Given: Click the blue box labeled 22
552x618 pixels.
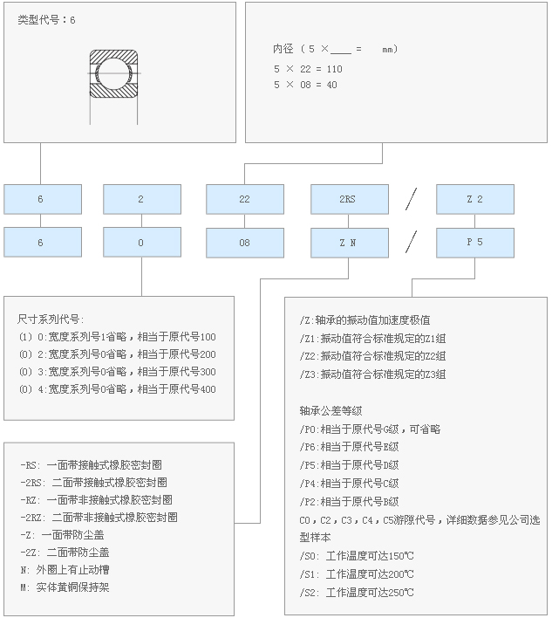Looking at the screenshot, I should click(244, 199).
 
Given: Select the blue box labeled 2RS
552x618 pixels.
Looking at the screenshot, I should click(349, 199).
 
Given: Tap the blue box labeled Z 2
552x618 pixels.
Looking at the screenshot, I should click(474, 199).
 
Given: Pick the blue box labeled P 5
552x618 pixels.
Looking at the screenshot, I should click(474, 242).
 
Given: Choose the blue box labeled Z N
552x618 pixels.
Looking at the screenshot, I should click(349, 242).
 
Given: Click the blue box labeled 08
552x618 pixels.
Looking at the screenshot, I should click(244, 242).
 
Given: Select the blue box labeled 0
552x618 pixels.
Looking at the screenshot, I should click(141, 242).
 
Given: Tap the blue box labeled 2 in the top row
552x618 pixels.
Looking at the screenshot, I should click(141, 199).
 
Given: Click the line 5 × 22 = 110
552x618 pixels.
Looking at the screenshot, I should click(308, 69).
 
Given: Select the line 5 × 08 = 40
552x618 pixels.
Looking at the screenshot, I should click(305, 85).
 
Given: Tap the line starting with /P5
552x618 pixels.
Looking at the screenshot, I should click(348, 464).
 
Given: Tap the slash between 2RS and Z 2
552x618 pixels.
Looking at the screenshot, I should click(412, 199).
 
